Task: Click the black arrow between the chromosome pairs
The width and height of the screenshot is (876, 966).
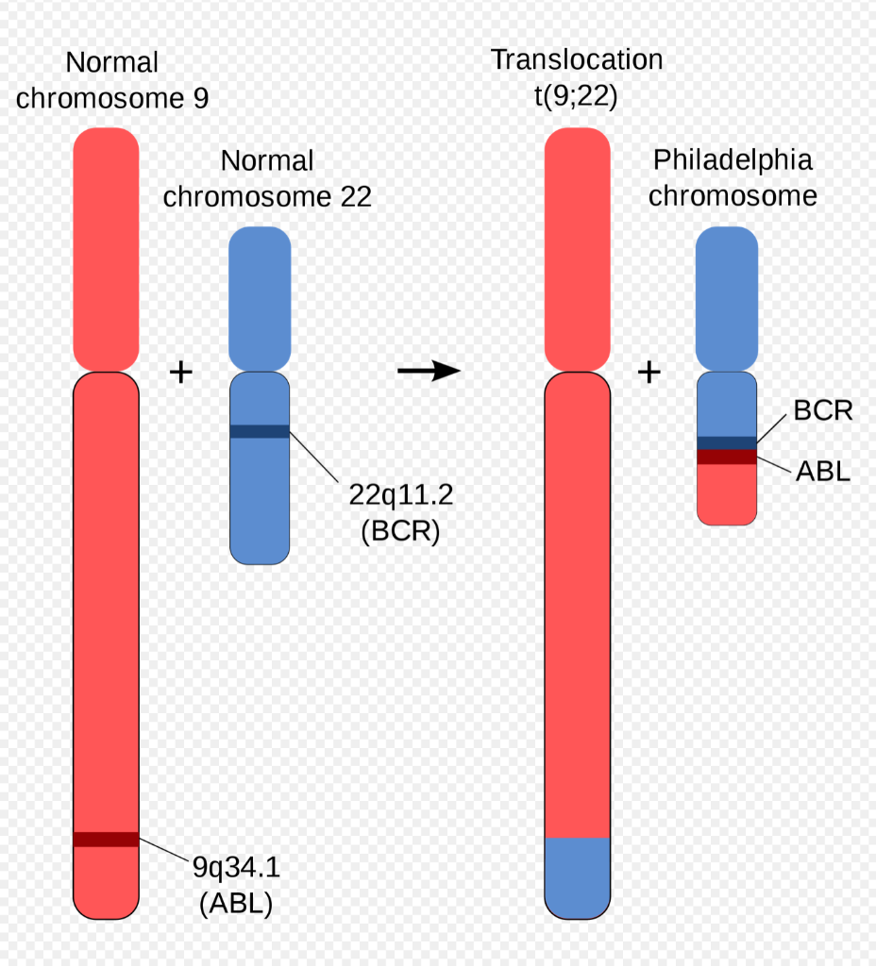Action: tap(429, 372)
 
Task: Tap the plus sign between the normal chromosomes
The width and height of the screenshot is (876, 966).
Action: tap(180, 372)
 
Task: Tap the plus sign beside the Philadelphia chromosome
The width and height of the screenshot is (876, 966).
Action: tap(649, 372)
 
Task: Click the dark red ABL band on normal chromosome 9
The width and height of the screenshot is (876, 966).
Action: tap(106, 839)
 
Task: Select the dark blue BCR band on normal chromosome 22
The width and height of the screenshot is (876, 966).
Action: tap(260, 431)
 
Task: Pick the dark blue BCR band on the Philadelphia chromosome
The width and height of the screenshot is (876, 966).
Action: tap(726, 442)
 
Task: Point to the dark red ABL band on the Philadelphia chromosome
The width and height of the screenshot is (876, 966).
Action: tap(726, 457)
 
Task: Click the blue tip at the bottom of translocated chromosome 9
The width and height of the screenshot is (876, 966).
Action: tap(578, 877)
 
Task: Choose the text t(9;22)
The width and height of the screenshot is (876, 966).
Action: tap(576, 96)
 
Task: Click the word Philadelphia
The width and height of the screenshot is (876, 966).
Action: tap(733, 159)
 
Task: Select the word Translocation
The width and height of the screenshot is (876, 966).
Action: tap(577, 59)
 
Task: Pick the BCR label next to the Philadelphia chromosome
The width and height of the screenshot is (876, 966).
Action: tap(823, 410)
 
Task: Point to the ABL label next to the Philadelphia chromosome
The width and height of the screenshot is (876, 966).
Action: tap(823, 471)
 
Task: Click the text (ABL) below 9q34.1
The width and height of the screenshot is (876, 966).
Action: tap(236, 903)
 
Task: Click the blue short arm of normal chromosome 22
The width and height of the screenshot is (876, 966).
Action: tap(260, 297)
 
